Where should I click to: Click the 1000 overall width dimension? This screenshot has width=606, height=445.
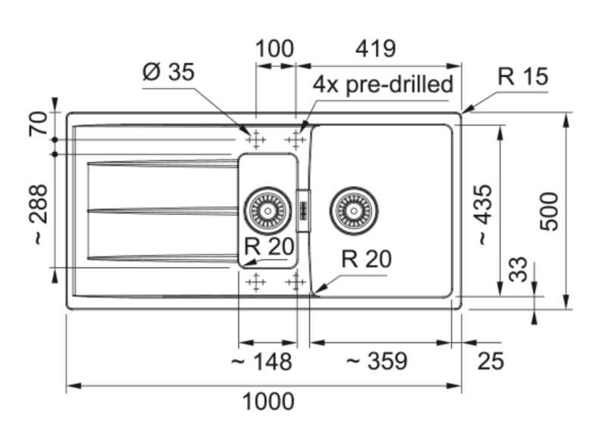pyautogui.click(x=269, y=402)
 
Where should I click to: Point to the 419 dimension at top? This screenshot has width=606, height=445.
pyautogui.click(x=376, y=50)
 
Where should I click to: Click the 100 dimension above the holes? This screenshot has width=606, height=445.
pyautogui.click(x=274, y=50)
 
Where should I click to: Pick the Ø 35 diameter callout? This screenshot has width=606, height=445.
pyautogui.click(x=168, y=73)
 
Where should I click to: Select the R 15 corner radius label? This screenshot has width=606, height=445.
pyautogui.click(x=523, y=77)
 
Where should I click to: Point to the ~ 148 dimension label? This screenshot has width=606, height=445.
pyautogui.click(x=261, y=362)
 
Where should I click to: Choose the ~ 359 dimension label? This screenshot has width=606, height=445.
pyautogui.click(x=376, y=362)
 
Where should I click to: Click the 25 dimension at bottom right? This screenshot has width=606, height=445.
pyautogui.click(x=491, y=362)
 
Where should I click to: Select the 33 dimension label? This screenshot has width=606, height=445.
pyautogui.click(x=517, y=269)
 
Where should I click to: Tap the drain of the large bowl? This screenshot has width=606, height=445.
pyautogui.click(x=353, y=208)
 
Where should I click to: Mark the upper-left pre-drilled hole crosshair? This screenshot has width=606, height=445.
pyautogui.click(x=255, y=140)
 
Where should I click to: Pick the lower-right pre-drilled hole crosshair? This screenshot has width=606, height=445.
pyautogui.click(x=295, y=283)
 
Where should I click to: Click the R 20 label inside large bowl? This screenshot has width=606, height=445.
pyautogui.click(x=367, y=260)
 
